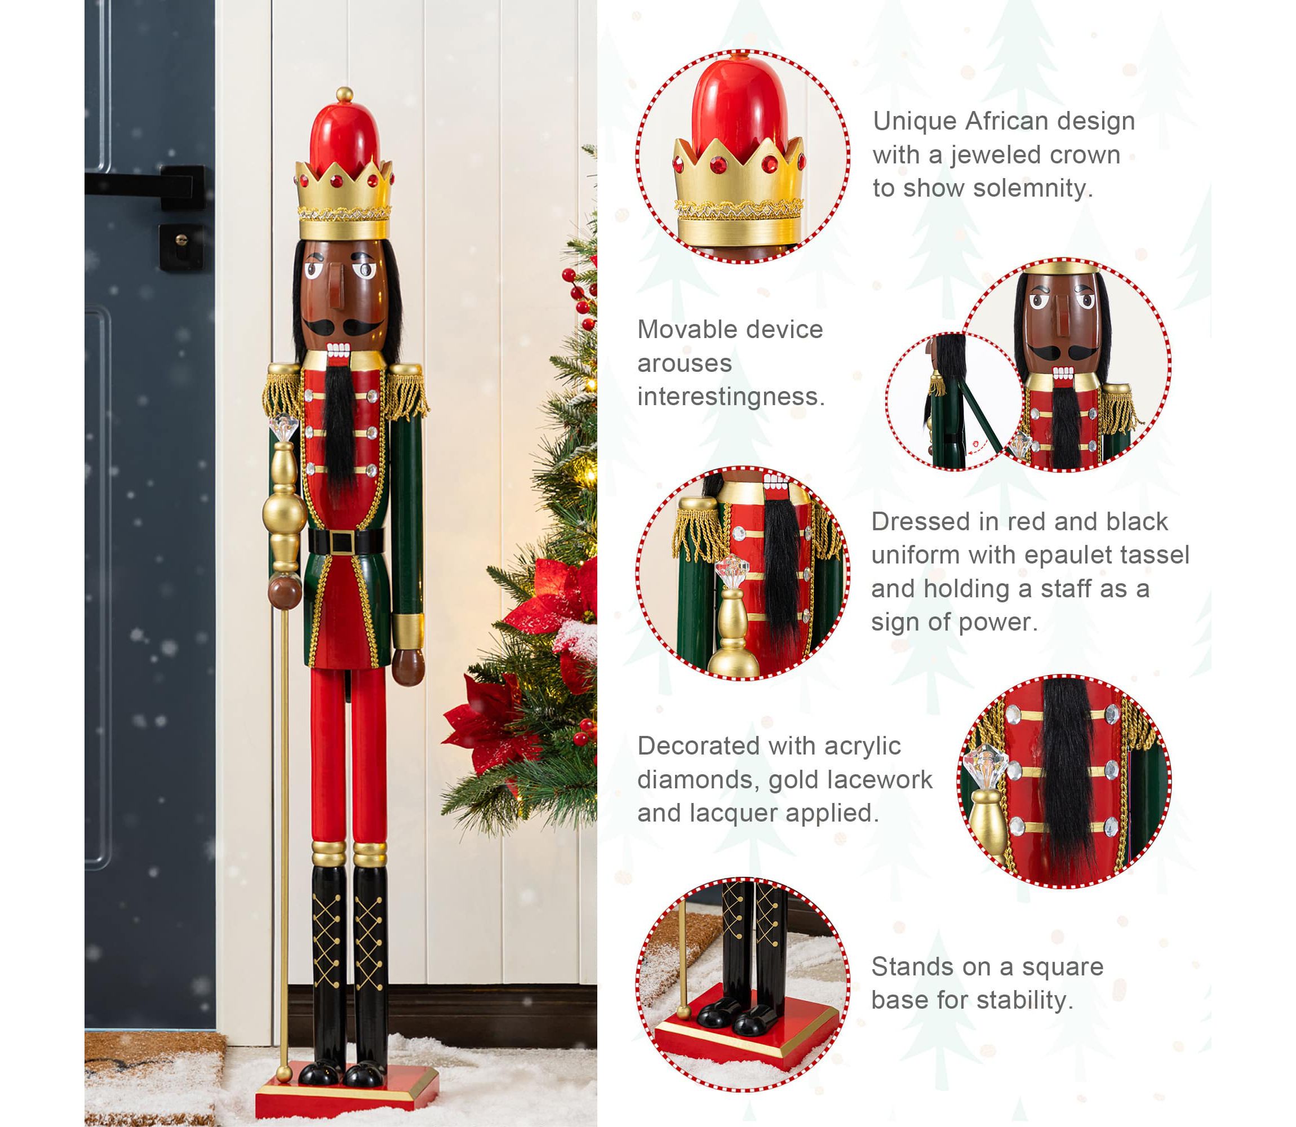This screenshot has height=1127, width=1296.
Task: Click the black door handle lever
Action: click(x=145, y=184)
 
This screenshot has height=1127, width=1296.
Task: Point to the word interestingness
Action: click(x=731, y=397)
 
